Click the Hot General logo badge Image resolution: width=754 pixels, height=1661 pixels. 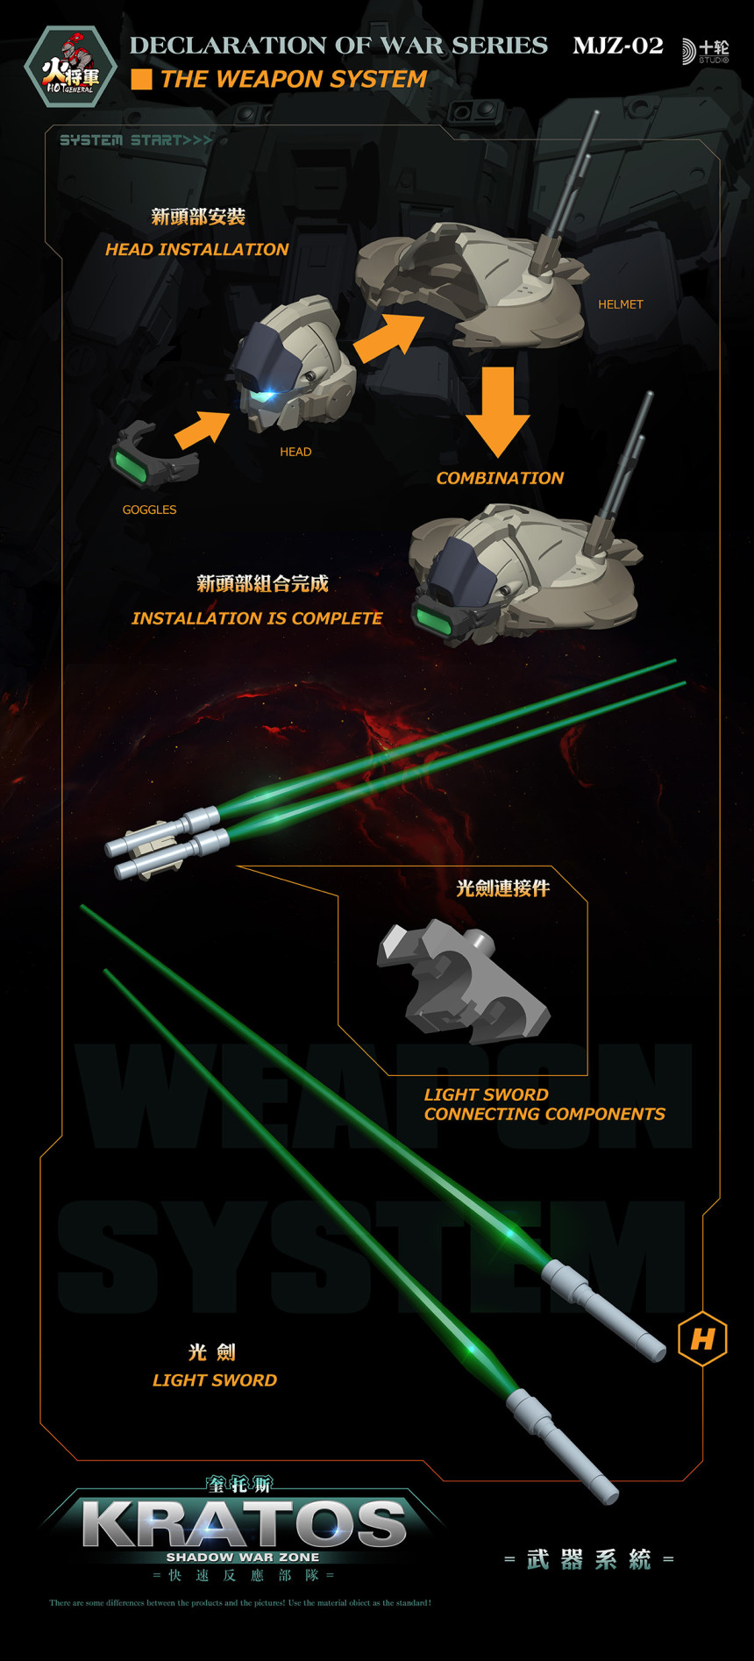70,67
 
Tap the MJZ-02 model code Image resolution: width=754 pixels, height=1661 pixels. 618,46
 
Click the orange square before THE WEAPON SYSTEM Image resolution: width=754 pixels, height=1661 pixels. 141,80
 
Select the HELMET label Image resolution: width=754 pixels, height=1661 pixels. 620,304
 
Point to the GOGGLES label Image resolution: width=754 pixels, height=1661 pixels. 149,510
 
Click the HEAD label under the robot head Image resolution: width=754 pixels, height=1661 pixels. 295,452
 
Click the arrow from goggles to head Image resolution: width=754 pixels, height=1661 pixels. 203,429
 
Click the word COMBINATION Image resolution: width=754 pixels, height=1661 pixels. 500,478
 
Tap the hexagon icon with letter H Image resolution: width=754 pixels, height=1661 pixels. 702,1339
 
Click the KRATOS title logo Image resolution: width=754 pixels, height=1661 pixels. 244,1525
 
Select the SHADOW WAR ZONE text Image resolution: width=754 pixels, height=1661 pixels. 243,1558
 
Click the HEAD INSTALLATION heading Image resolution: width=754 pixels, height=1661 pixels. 196,250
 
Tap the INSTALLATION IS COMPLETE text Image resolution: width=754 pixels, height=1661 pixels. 256,618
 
